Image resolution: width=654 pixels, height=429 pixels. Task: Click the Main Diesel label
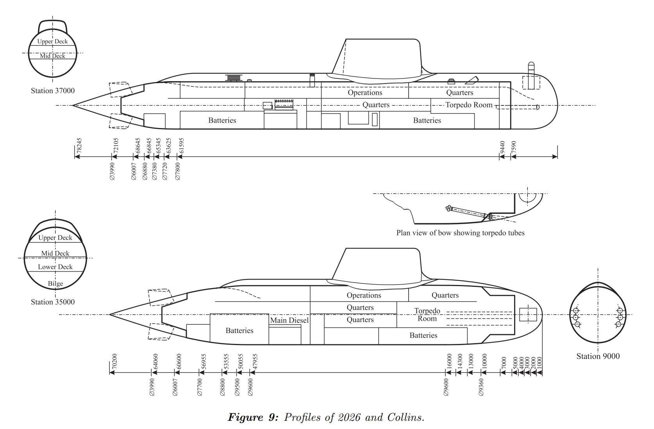(289, 320)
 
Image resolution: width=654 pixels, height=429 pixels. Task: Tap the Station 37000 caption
(53, 91)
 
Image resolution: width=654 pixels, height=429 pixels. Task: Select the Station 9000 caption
(598, 356)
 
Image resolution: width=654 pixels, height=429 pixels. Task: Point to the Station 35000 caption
(53, 302)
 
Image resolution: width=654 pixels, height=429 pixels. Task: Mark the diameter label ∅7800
(178, 171)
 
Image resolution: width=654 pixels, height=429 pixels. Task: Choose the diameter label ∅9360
(481, 387)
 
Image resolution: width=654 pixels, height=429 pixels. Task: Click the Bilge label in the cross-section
(55, 284)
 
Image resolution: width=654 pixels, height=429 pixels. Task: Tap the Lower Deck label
(55, 267)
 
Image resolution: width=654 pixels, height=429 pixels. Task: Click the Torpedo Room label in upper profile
(469, 105)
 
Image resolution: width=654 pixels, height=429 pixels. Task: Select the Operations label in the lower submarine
(364, 295)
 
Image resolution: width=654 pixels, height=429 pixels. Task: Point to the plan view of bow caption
(460, 233)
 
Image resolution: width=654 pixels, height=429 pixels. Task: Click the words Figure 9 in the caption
(253, 417)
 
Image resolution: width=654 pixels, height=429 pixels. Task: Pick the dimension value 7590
(514, 148)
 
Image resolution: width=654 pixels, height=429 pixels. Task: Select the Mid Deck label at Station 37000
(53, 56)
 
